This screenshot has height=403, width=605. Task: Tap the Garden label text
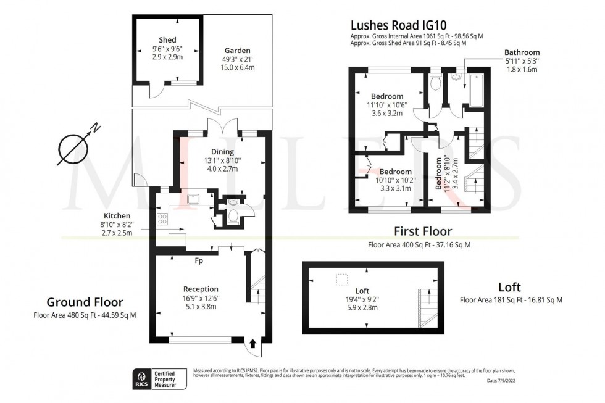pyautogui.click(x=238, y=51)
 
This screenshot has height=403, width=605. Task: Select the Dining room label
pyautogui.click(x=222, y=152)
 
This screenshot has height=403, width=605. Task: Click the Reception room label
pyautogui.click(x=201, y=289)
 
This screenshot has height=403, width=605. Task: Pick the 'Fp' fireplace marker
pyautogui.click(x=199, y=260)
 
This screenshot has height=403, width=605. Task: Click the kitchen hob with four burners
pyautogui.click(x=164, y=218)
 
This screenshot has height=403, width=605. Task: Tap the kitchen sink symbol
pyautogui.click(x=192, y=199)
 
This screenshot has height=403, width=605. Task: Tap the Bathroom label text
pyautogui.click(x=522, y=52)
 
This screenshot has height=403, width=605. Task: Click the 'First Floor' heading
pyautogui.click(x=423, y=232)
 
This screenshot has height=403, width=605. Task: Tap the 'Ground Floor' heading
pyautogui.click(x=85, y=302)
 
